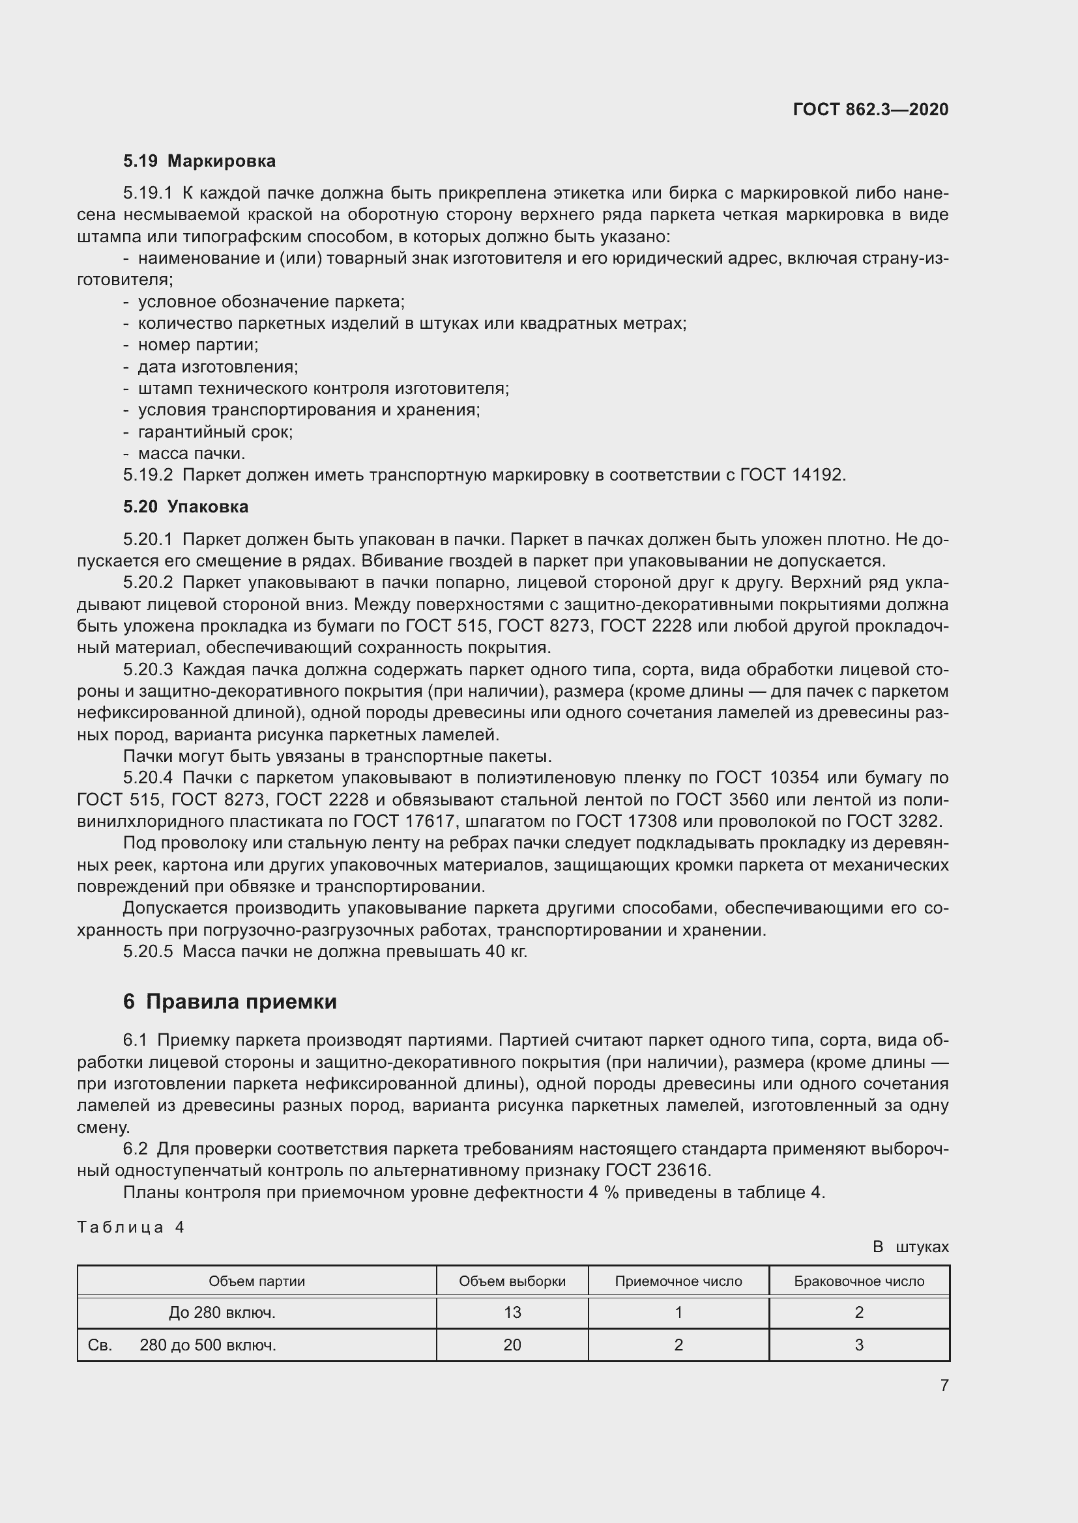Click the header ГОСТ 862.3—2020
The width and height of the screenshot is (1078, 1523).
[x=870, y=109]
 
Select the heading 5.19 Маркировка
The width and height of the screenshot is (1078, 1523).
[x=199, y=161]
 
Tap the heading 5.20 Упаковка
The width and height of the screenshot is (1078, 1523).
[x=186, y=507]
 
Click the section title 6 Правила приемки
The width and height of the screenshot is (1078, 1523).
[x=229, y=1001]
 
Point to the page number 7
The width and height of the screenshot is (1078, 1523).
[x=944, y=1385]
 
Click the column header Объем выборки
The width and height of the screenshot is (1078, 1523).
[x=512, y=1281]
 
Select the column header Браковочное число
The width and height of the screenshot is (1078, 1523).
[x=859, y=1281]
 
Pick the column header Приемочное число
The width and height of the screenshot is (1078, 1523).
[x=678, y=1281]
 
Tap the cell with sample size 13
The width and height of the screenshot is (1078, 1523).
[x=512, y=1312]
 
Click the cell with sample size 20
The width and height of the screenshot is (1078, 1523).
[x=512, y=1345]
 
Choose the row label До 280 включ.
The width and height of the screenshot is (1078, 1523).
[x=222, y=1312]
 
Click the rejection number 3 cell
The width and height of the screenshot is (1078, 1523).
[x=859, y=1345]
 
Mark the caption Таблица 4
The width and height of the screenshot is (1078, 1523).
[x=131, y=1227]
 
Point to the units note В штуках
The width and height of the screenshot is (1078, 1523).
[x=910, y=1247]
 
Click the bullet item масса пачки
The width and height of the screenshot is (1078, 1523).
[x=191, y=454]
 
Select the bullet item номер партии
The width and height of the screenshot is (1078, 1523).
[x=198, y=345]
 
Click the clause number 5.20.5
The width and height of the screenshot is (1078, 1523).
[x=147, y=952]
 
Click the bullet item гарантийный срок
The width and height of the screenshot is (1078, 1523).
[x=215, y=432]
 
